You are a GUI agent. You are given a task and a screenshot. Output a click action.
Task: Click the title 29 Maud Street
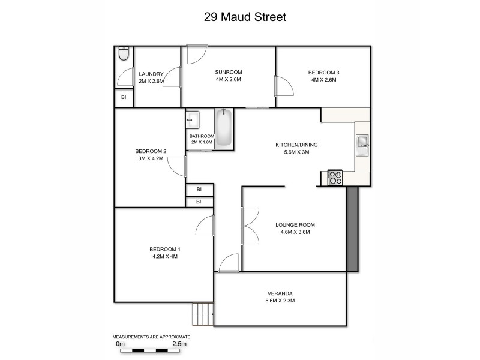[x=244, y=17]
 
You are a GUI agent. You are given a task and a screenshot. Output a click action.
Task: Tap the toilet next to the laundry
[x=124, y=55]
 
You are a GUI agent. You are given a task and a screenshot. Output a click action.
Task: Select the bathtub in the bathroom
[x=224, y=128]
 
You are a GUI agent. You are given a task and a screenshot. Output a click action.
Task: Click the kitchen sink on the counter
[x=362, y=143]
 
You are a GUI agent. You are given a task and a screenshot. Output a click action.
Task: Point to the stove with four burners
[x=335, y=178]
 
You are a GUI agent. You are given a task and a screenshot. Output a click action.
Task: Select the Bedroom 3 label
[x=325, y=73]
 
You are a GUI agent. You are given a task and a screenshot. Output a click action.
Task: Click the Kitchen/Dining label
[x=296, y=145]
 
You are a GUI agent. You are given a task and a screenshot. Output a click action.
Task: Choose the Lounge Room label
[x=295, y=225]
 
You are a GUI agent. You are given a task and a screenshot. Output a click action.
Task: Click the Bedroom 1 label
[x=164, y=249]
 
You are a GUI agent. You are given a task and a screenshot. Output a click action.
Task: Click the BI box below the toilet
[x=124, y=97]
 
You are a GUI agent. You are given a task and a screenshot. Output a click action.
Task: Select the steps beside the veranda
[x=203, y=314]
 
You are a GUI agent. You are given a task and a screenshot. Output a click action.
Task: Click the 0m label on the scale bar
[x=120, y=344]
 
